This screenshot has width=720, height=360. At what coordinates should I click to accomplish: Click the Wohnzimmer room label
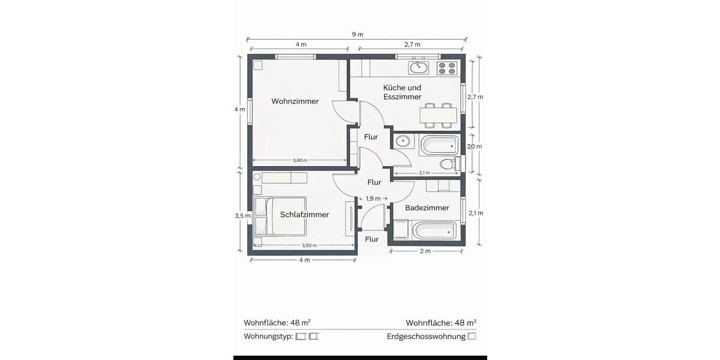(295, 101)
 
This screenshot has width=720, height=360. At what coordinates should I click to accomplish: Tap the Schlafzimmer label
(304, 215)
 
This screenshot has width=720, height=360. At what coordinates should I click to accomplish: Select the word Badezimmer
(427, 208)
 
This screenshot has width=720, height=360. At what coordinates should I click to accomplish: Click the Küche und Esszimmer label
(402, 92)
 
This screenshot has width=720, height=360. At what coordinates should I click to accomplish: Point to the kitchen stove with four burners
(446, 68)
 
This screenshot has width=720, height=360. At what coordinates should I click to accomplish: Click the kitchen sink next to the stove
(419, 67)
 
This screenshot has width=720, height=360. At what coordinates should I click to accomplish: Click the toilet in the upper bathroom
(447, 164)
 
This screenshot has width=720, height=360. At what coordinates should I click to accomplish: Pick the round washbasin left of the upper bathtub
(403, 142)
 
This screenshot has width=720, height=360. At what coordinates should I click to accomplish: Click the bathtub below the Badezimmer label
(434, 230)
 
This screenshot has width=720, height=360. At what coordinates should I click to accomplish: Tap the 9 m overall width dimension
(357, 34)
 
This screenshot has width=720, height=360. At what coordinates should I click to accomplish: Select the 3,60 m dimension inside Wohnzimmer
(300, 160)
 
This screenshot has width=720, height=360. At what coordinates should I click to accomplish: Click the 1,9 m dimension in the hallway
(373, 199)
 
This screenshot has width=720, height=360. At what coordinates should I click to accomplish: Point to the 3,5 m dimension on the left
(240, 215)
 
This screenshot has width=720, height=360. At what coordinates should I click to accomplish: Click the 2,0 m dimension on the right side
(475, 146)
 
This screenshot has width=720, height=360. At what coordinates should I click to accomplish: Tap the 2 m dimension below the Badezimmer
(424, 251)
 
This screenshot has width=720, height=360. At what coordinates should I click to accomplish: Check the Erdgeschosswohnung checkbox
(472, 337)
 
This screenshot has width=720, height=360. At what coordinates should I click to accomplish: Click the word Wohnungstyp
(268, 337)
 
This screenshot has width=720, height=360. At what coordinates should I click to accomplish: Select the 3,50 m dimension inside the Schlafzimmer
(309, 245)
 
